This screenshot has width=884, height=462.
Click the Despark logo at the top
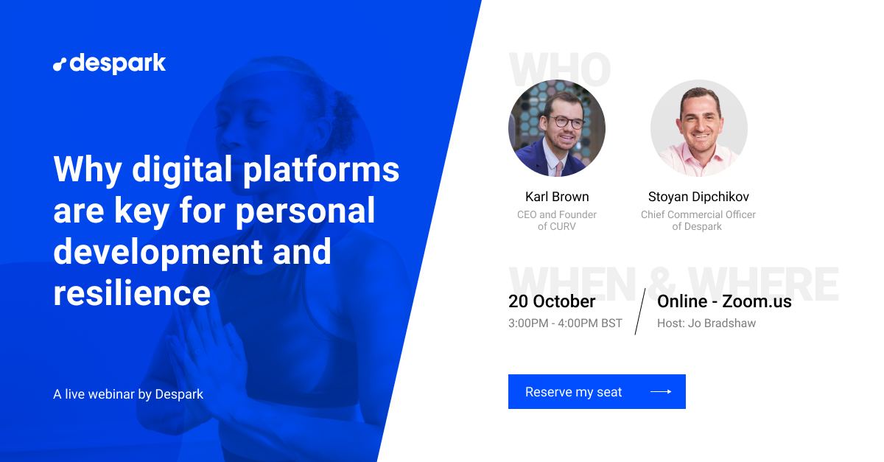pos(109,63)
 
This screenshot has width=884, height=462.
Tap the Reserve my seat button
pos(597,391)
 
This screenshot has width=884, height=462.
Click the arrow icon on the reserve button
pos(661,392)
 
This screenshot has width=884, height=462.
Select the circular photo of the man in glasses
pos(557,128)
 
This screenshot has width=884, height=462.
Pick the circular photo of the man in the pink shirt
pos(699,128)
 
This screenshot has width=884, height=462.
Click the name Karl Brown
pos(557,197)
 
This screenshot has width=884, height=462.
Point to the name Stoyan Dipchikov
pos(698,197)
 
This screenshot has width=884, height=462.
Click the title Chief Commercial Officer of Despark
pos(698,220)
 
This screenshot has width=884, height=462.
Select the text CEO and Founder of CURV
pos(557,220)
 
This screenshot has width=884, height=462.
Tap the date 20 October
pos(552,301)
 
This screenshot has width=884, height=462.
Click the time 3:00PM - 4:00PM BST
pos(565,323)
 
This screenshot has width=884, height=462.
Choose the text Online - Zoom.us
pos(724,301)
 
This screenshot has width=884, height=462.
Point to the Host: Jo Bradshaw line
pos(706,323)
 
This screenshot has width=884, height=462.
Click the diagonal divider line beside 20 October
pos(640,312)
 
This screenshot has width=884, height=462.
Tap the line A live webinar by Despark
pos(128,394)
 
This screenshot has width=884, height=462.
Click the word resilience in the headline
pos(132,293)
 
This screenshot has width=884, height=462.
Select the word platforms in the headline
pos(321,169)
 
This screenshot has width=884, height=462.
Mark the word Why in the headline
pos(87,169)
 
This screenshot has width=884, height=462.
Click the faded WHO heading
pos(560,70)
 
